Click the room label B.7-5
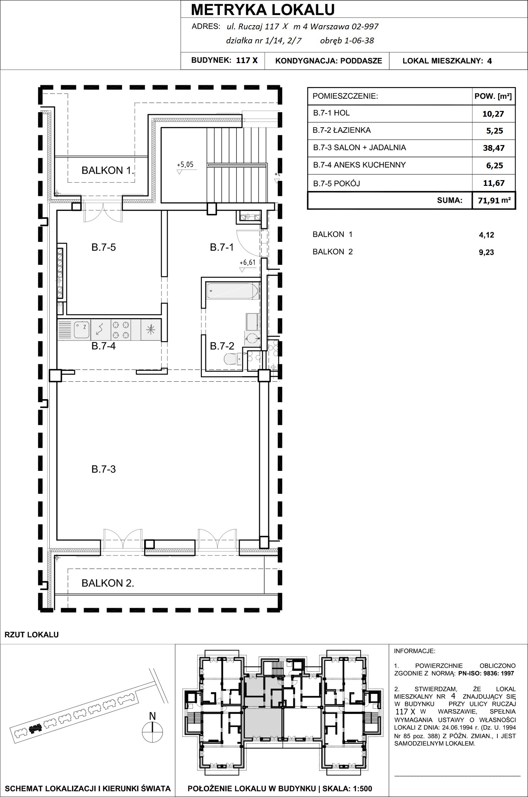103,247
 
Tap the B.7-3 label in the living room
103,469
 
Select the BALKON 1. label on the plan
108,170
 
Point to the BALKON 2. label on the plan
108,583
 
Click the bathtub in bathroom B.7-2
233,291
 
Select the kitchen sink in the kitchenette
82,329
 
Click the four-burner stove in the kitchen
121,330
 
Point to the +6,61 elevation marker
247,262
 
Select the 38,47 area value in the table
494,148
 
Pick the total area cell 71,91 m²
494,201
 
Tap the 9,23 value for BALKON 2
487,252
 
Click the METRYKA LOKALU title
263,10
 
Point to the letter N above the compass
152,716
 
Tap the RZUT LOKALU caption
32,635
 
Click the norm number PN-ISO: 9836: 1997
486,673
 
